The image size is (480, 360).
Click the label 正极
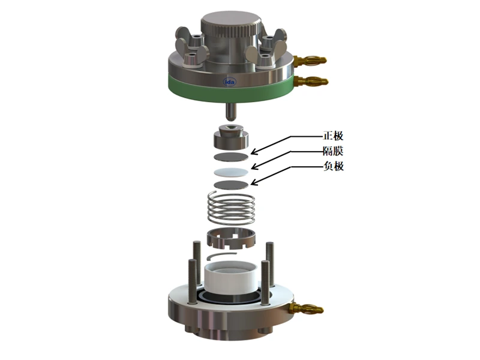(x=334, y=136)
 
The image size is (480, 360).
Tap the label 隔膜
(x=334, y=151)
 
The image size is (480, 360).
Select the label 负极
(x=334, y=166)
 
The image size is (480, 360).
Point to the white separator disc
(x=231, y=172)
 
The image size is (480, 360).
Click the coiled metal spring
(x=231, y=208)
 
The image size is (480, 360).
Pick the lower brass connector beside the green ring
(x=311, y=82)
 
